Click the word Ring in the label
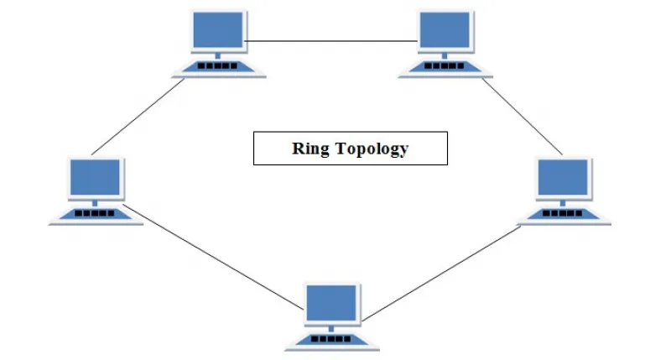pos(310,149)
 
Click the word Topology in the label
pos(372,149)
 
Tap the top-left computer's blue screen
pos(218,29)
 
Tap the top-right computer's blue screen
pos(445,29)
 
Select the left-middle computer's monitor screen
pos(95,177)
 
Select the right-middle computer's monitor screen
pos(563,177)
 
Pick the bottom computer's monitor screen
pos(331,303)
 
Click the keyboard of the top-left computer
pos(218,68)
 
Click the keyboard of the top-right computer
pos(445,68)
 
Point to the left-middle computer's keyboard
pos(96,215)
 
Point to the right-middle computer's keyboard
pos(563,215)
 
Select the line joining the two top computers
pos(330,41)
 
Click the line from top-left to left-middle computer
pos(138,117)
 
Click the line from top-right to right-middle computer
pos(522,117)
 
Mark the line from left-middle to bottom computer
pos(213,257)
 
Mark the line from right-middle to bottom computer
pos(442,274)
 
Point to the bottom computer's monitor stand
pos(331,329)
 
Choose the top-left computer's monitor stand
pos(218,55)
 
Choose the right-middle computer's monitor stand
pos(563,203)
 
